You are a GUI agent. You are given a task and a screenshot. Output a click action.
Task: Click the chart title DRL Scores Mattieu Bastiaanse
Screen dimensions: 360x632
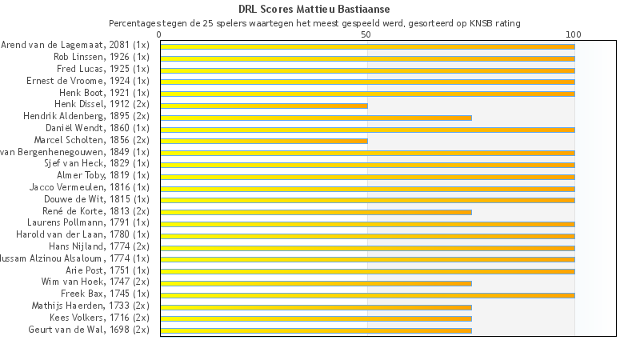314,9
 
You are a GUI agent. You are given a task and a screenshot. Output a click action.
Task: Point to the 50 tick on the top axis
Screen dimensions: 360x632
366,34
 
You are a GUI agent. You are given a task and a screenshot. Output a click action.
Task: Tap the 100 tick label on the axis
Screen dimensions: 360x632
574,34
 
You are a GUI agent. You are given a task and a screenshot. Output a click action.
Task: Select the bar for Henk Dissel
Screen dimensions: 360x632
264,106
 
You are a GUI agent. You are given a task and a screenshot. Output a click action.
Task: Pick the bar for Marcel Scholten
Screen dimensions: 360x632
264,141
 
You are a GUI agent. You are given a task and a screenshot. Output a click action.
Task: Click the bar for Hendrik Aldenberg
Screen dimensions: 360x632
316,118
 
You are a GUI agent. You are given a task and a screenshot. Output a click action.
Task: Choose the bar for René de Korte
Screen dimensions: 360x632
316,212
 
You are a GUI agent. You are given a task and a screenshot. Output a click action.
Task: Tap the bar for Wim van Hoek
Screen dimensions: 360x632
316,283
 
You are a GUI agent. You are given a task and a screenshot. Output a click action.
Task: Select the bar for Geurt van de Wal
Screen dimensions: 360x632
316,330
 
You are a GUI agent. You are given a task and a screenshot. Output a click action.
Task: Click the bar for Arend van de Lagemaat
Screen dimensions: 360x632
367,46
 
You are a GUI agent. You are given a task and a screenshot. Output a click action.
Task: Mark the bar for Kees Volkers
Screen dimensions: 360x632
316,318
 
